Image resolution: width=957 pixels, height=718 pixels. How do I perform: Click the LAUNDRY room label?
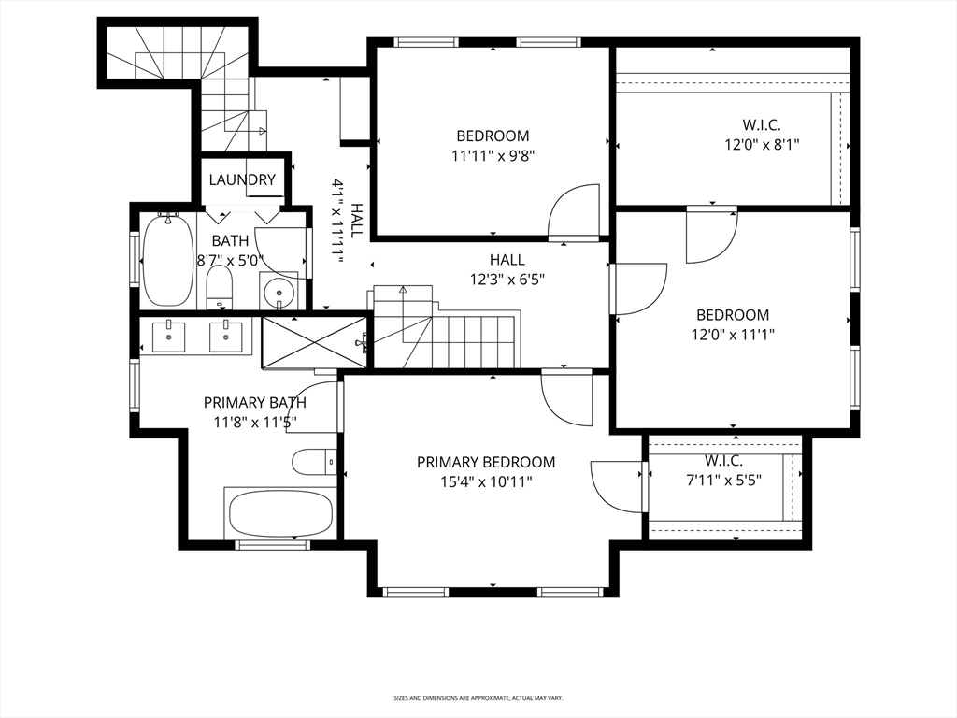[242, 180]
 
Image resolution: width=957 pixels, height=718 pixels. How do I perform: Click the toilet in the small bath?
[220, 285]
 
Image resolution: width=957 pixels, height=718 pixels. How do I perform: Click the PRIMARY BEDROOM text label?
[485, 462]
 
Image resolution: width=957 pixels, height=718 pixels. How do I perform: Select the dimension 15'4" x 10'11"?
[485, 481]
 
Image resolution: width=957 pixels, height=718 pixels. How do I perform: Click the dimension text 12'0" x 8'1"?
[762, 144]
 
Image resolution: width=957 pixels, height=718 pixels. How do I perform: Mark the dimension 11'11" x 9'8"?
[493, 156]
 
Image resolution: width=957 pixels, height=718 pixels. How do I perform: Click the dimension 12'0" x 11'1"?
[733, 334]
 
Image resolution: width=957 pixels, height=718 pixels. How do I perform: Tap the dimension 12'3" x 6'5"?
[507, 278]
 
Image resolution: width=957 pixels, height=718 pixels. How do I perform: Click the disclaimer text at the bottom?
[478, 697]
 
